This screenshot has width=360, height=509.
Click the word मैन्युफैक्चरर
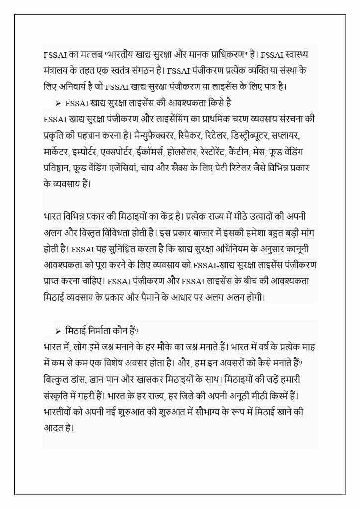pyautogui.click(x=152, y=135)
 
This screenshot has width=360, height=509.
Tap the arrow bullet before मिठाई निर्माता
pyautogui.click(x=58, y=331)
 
